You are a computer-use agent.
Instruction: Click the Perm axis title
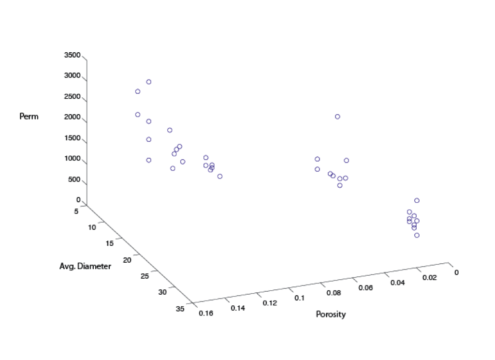pyautogui.click(x=29, y=116)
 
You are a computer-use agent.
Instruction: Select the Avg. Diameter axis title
pyautogui.click(x=85, y=266)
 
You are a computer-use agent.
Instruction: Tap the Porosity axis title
pyautogui.click(x=331, y=314)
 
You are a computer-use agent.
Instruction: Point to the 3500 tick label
pyautogui.click(x=73, y=55)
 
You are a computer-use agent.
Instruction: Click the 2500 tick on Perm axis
pyautogui.click(x=73, y=96)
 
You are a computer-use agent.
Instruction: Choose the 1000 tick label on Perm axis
pyautogui.click(x=73, y=158)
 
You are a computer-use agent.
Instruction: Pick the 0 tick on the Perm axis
pyautogui.click(x=78, y=200)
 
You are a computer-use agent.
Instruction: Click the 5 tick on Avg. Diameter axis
pyautogui.click(x=76, y=211)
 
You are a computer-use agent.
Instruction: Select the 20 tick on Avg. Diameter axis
pyautogui.click(x=127, y=260)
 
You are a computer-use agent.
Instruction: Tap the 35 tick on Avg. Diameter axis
pyautogui.click(x=180, y=309)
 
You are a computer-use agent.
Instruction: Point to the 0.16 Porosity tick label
pyautogui.click(x=206, y=313)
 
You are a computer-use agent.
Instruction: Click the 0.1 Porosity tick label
pyautogui.click(x=299, y=298)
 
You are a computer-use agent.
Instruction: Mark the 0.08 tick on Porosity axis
pyautogui.click(x=334, y=293)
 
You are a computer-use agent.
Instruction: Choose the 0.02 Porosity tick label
pyautogui.click(x=429, y=278)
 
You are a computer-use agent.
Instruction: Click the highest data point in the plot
pyautogui.click(x=149, y=82)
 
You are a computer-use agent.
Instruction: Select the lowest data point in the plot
pyautogui.click(x=417, y=235)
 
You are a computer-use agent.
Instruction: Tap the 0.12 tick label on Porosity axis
pyautogui.click(x=270, y=303)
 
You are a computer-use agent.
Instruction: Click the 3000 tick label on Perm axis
pyautogui.click(x=73, y=75)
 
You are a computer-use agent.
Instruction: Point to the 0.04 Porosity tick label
pyautogui.click(x=397, y=283)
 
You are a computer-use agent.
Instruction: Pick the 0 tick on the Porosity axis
pyautogui.click(x=456, y=272)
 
